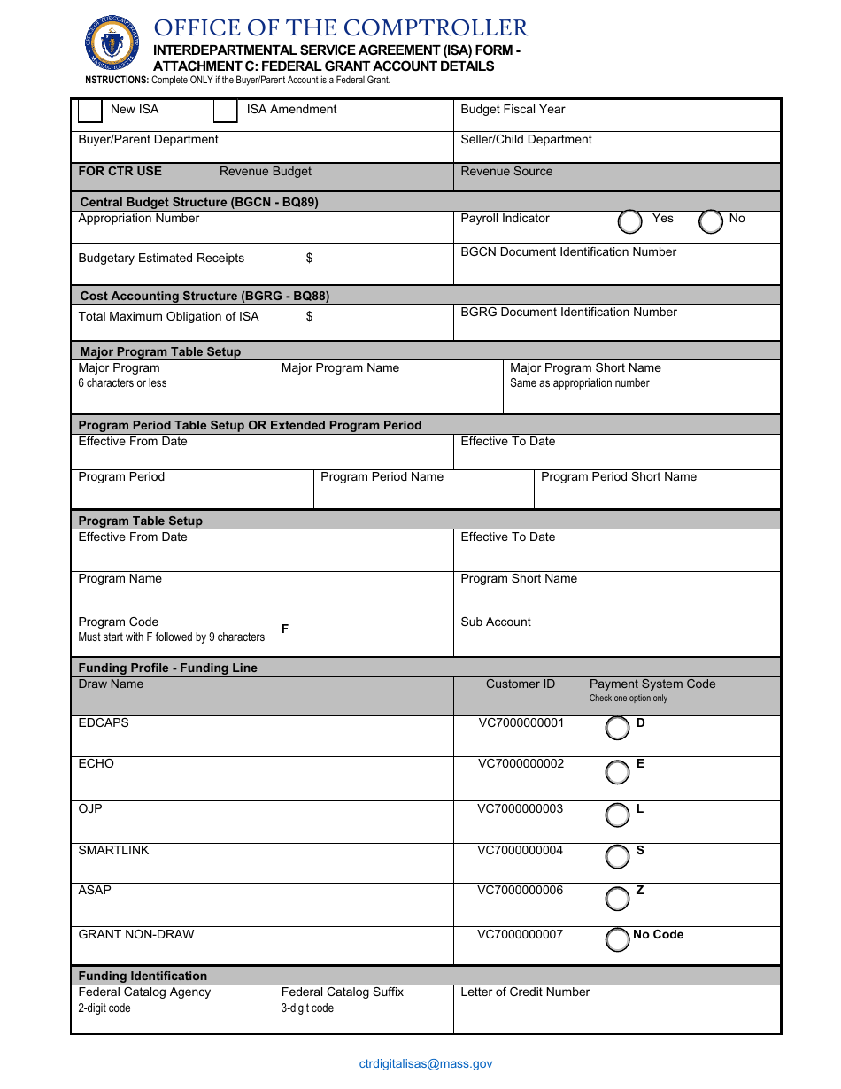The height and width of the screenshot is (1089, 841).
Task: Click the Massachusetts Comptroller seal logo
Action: tap(112, 42)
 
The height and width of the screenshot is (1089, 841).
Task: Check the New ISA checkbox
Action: tap(90, 111)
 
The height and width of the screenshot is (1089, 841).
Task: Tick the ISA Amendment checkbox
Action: tap(226, 111)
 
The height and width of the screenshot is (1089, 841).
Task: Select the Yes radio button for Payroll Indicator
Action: tap(630, 221)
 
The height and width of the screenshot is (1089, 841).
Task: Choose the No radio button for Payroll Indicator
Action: tap(711, 221)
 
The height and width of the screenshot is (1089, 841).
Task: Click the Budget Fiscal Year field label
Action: tap(513, 110)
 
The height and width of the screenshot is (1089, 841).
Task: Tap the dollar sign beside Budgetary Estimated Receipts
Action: tap(309, 259)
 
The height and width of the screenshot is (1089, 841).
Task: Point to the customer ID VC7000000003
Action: tap(521, 809)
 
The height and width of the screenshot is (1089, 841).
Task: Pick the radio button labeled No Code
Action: tap(617, 939)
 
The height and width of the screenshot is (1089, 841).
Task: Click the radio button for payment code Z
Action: tap(617, 899)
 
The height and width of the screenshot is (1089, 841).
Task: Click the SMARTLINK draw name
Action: tap(113, 851)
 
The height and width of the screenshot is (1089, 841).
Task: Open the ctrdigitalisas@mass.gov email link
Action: tap(426, 1064)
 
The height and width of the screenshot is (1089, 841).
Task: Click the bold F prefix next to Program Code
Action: tap(285, 629)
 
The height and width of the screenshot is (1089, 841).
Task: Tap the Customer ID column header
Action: tap(521, 684)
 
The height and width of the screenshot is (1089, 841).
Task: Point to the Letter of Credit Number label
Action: tap(525, 992)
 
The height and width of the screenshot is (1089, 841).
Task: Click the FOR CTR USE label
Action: tap(120, 172)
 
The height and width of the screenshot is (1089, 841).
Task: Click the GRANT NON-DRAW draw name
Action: tap(136, 935)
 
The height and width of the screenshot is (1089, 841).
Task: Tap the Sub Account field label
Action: tap(496, 622)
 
